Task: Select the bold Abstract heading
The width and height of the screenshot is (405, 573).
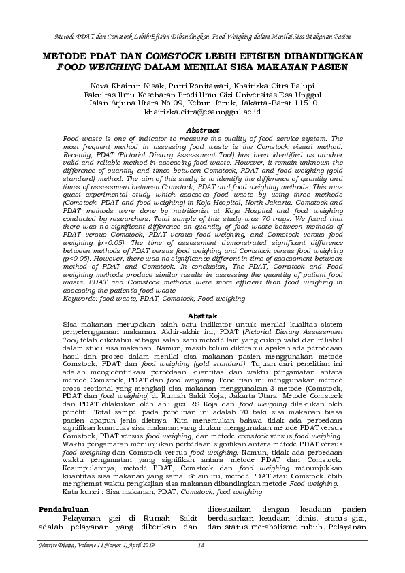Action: point(202,129)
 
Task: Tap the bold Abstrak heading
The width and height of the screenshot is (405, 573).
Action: point(202,316)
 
